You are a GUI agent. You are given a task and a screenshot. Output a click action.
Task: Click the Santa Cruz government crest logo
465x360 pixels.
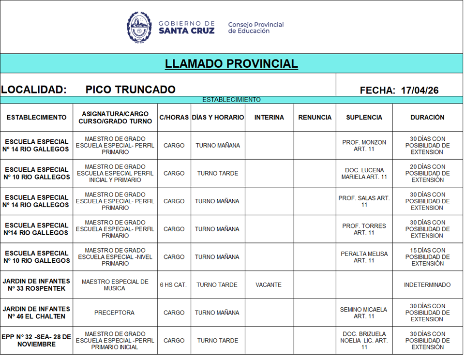click(x=139, y=27)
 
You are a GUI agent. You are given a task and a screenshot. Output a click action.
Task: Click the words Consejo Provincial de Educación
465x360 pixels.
click(x=255, y=28)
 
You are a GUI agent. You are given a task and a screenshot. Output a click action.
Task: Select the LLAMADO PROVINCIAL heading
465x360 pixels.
click(x=231, y=64)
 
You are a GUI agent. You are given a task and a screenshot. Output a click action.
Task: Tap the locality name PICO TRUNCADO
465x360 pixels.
click(x=130, y=90)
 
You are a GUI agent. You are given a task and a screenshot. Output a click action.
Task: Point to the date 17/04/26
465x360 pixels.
click(x=420, y=90)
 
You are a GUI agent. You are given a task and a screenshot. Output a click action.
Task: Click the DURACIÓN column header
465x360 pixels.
click(x=427, y=118)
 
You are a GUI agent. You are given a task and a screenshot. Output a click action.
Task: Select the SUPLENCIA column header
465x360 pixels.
click(x=364, y=118)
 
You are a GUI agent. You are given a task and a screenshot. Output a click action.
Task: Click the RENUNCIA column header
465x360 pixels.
click(x=315, y=118)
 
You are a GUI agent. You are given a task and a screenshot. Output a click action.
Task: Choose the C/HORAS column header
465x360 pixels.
click(x=174, y=118)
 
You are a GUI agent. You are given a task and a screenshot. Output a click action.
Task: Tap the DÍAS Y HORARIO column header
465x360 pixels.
click(x=218, y=118)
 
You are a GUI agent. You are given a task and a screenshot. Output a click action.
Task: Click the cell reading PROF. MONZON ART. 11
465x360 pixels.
click(x=364, y=146)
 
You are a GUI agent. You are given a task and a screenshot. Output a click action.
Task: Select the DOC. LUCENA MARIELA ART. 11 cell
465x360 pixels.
click(x=364, y=174)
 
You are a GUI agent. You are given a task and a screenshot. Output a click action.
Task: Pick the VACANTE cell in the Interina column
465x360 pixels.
click(x=269, y=285)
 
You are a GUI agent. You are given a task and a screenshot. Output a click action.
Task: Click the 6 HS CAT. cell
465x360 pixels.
click(x=173, y=285)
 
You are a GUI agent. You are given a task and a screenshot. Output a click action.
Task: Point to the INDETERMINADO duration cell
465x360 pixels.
click(x=427, y=285)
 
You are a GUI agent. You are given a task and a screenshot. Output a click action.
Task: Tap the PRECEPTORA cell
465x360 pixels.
click(x=115, y=313)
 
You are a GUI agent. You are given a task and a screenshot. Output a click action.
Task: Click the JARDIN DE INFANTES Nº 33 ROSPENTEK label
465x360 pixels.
click(x=36, y=285)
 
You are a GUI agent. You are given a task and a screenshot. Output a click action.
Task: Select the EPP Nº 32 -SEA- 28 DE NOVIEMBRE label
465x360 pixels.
click(x=36, y=341)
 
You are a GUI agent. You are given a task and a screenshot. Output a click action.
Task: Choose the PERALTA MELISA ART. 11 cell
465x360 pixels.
click(x=364, y=257)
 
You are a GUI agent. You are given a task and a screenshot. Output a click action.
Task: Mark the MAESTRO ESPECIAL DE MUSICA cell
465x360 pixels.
click(x=115, y=285)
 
